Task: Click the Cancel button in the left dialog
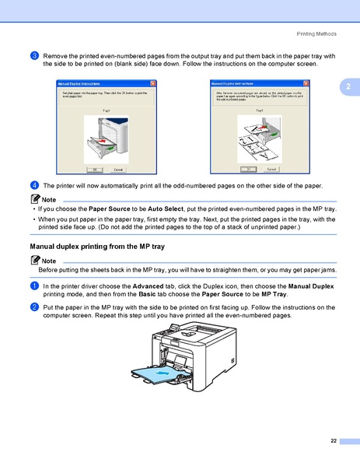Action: (x=117, y=169)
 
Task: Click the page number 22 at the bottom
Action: (x=334, y=441)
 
